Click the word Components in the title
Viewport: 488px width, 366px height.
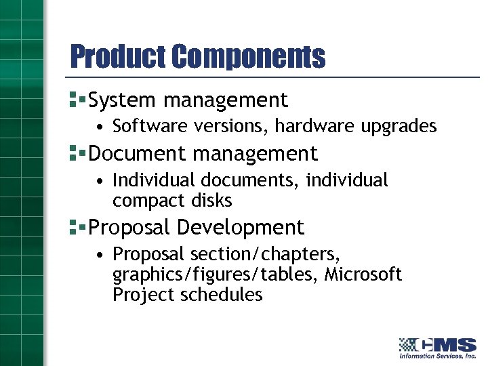point(248,57)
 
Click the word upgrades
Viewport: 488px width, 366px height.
point(401,127)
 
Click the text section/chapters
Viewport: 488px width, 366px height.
point(265,254)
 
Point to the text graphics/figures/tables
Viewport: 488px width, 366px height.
point(216,274)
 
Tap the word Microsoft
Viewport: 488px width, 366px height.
point(363,274)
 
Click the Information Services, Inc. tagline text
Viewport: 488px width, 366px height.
point(437,355)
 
